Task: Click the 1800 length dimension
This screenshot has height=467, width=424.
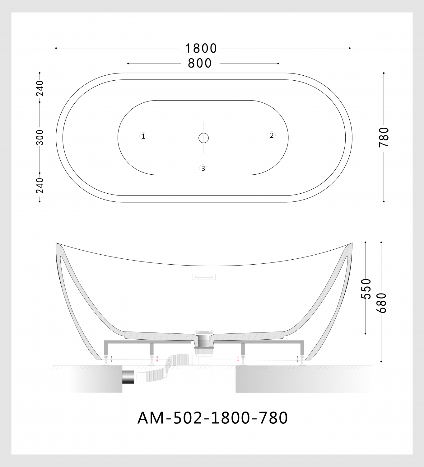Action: pos(201,49)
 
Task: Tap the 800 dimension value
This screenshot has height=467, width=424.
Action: pos(200,64)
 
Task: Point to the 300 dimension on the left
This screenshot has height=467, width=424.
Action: pos(40,137)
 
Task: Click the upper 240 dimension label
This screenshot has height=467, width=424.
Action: pos(40,88)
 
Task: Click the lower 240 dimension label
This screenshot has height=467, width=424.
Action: pos(40,186)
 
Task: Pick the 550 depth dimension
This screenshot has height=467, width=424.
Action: pos(366,289)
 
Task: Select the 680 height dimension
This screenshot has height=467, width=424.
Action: pos(381,303)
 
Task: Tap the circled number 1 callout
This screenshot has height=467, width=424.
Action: pos(143,136)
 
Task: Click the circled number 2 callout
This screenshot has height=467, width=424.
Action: pos(272,135)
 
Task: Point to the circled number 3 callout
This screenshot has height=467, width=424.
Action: pos(203,168)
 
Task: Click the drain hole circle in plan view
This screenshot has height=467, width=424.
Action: pos(203,138)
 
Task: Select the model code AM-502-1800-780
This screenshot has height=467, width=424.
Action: pos(212,418)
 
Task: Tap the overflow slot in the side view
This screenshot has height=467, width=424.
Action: pos(204,276)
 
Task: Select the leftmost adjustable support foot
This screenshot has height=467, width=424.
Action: pos(106,361)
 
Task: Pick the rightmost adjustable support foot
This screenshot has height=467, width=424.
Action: pos(302,361)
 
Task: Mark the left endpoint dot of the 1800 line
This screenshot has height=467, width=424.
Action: pos(56,48)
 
